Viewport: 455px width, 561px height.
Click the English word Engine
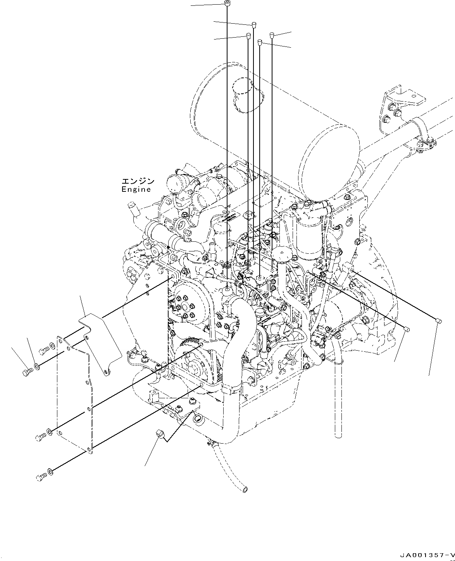coord(136,189)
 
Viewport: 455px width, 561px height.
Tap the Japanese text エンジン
coord(138,181)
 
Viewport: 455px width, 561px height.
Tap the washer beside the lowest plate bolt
coord(50,472)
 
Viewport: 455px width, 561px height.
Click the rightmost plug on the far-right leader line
coord(438,320)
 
